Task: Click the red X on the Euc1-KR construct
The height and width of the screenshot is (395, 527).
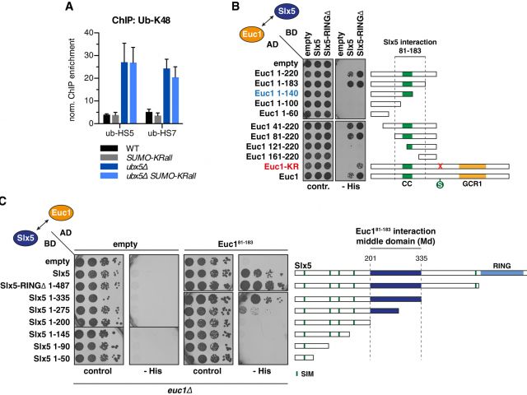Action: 441,166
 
